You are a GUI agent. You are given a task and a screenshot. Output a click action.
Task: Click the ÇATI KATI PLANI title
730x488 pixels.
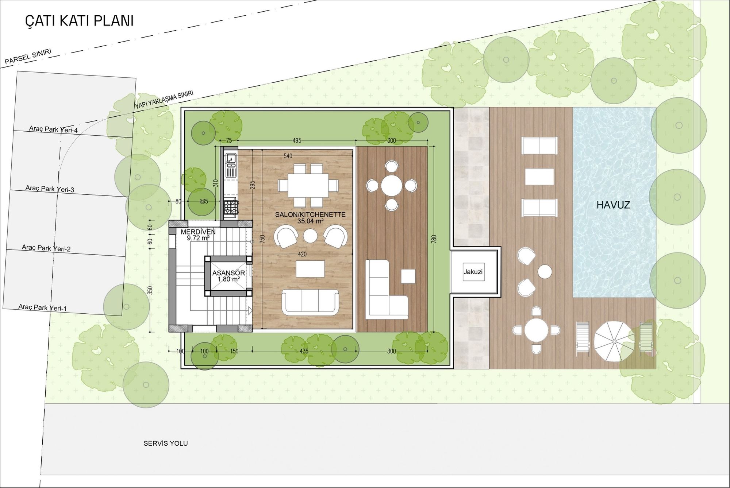[x=79, y=21]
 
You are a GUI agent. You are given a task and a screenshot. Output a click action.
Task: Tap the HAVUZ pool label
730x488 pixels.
[x=613, y=205]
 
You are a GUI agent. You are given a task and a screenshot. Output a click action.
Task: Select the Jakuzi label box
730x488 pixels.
[x=473, y=272]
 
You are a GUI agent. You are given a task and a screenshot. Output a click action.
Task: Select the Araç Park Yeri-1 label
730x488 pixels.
[x=43, y=307]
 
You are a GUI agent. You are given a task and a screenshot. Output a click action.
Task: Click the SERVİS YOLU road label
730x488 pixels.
[x=166, y=444]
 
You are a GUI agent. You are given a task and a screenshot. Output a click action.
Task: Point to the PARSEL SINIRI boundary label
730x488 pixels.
[x=28, y=57]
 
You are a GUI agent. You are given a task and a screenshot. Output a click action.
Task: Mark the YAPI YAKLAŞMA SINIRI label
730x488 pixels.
[x=164, y=100]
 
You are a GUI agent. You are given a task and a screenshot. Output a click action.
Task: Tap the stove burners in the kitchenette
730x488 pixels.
[x=231, y=207]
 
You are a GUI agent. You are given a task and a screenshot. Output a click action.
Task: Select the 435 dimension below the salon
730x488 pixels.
[x=304, y=351]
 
